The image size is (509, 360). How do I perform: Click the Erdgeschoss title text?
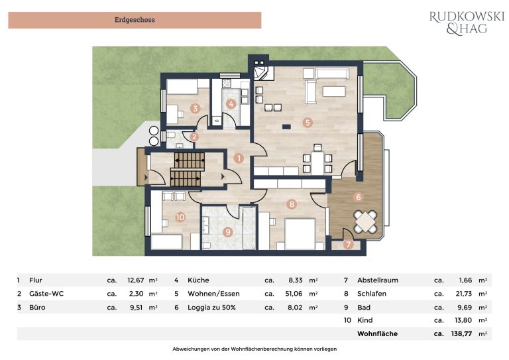coord(135,20)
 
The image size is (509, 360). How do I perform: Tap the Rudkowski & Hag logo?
coord(467,23)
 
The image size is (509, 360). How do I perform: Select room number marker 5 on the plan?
coord(307,123)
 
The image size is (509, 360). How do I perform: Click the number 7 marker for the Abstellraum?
coord(349,245)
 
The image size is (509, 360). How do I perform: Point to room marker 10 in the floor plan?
coord(180,217)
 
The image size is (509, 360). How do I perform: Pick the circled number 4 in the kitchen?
coord(231,104)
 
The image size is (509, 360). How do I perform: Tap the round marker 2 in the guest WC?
coord(194,137)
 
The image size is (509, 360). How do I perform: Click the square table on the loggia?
coord(366,221)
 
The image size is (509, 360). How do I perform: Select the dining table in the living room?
coord(316,163)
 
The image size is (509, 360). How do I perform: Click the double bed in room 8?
coord(300,234)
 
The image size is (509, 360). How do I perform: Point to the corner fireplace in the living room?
coord(261,74)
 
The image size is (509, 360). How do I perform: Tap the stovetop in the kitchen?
coord(226,84)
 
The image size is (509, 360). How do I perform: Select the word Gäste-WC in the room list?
coord(46,294)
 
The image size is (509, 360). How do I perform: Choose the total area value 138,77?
coord(461,333)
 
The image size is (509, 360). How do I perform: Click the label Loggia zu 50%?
coord(211,308)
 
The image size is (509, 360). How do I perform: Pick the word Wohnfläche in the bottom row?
coord(377,333)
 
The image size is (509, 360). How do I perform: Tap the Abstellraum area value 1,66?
coord(465,280)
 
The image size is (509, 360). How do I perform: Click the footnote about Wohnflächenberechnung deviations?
coord(254,349)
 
